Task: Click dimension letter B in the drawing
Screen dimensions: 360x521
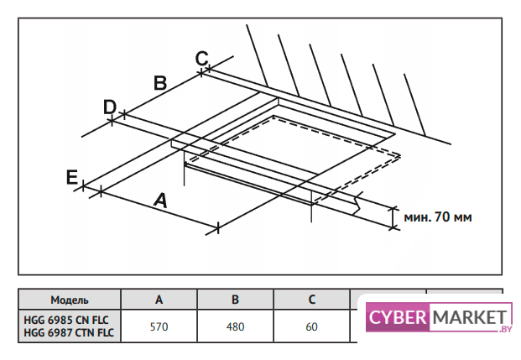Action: [160, 82]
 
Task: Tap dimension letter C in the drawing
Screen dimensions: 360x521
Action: [201, 58]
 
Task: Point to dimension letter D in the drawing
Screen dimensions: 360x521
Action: [109, 107]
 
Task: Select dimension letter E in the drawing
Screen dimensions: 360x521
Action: [73, 176]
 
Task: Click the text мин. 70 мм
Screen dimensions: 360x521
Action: [437, 217]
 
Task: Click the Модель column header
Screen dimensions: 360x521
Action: [70, 300]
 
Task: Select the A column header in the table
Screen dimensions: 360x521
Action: [159, 300]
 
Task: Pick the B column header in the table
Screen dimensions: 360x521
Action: [236, 300]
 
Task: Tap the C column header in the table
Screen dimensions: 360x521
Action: [311, 300]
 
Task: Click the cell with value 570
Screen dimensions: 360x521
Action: [159, 326]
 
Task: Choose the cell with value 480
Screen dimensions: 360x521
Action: [236, 326]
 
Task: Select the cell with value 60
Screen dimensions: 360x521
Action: [311, 326]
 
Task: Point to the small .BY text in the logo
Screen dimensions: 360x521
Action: [504, 330]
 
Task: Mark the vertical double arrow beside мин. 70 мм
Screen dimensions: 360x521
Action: [393, 217]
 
